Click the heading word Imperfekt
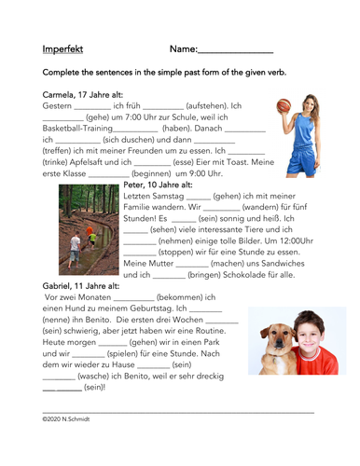tap(64, 48)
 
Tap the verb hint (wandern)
tap(264, 209)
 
